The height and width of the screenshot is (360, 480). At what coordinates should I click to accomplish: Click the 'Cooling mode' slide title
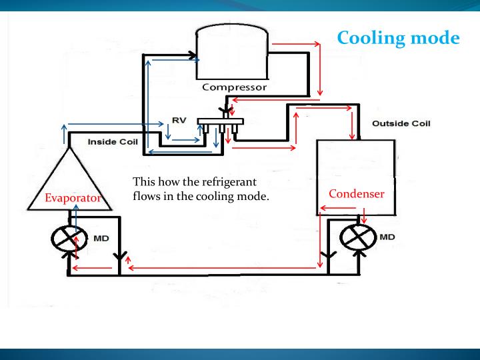click(x=398, y=37)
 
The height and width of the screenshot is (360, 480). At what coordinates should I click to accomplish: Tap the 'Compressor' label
click(x=234, y=87)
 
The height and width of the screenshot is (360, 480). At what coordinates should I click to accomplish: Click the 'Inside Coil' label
click(x=112, y=142)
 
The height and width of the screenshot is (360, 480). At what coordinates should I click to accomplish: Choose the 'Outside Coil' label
click(x=401, y=123)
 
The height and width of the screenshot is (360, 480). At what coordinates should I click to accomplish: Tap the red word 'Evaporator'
click(x=73, y=198)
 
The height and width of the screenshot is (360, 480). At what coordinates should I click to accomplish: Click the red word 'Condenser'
click(x=357, y=194)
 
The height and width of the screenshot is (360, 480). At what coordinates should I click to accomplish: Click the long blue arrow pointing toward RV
click(x=117, y=124)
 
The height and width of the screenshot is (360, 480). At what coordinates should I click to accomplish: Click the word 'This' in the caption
click(x=143, y=182)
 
